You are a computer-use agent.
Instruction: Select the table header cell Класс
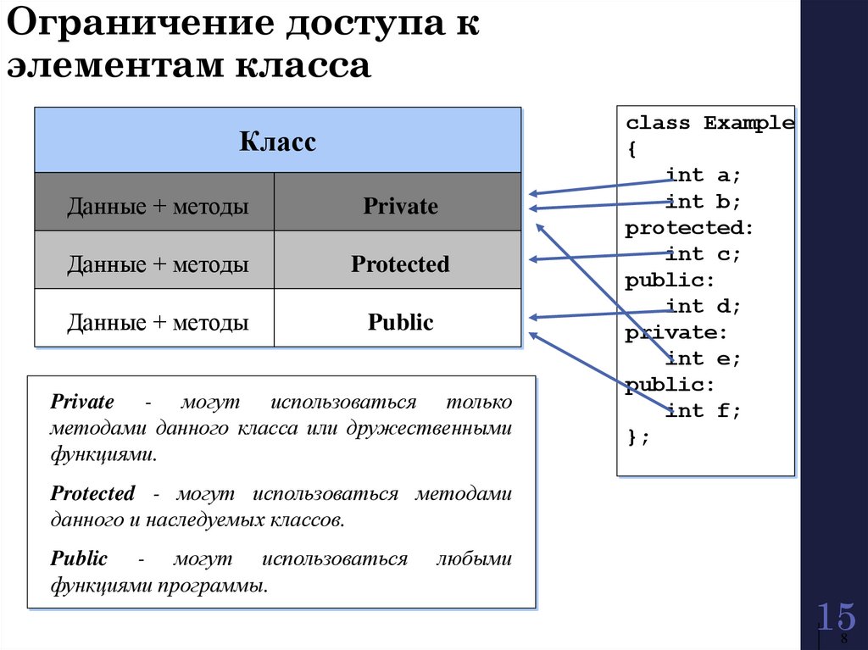point(277,142)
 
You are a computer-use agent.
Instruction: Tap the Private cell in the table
point(400,206)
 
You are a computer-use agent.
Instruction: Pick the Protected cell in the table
point(400,264)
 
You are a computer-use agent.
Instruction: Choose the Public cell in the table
point(400,322)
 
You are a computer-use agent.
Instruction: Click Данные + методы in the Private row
point(158,206)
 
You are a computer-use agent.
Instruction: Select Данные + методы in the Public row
point(158,322)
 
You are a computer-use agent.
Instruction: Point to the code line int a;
point(703,175)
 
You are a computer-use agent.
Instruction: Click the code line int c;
point(703,254)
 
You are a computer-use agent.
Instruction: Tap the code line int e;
point(703,358)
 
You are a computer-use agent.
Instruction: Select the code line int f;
point(703,411)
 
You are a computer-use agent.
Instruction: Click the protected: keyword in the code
point(688,228)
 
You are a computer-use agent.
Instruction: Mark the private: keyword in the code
point(676,333)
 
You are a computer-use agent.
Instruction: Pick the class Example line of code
point(709,123)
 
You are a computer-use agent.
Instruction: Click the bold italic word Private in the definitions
point(82,402)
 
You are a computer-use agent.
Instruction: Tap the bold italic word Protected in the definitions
point(92,493)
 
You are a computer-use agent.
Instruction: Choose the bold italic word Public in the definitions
point(79,558)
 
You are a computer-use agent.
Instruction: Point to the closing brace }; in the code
point(637,437)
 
